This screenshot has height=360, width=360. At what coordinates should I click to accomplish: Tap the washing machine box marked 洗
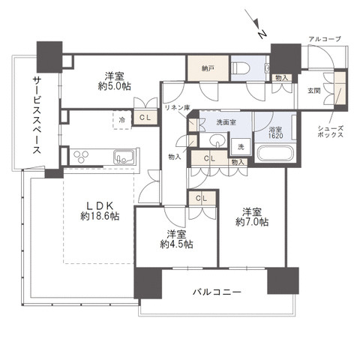240,145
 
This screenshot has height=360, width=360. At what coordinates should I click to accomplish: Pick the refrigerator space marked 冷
120,118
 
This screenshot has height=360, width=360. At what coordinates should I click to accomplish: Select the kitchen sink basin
123,157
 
